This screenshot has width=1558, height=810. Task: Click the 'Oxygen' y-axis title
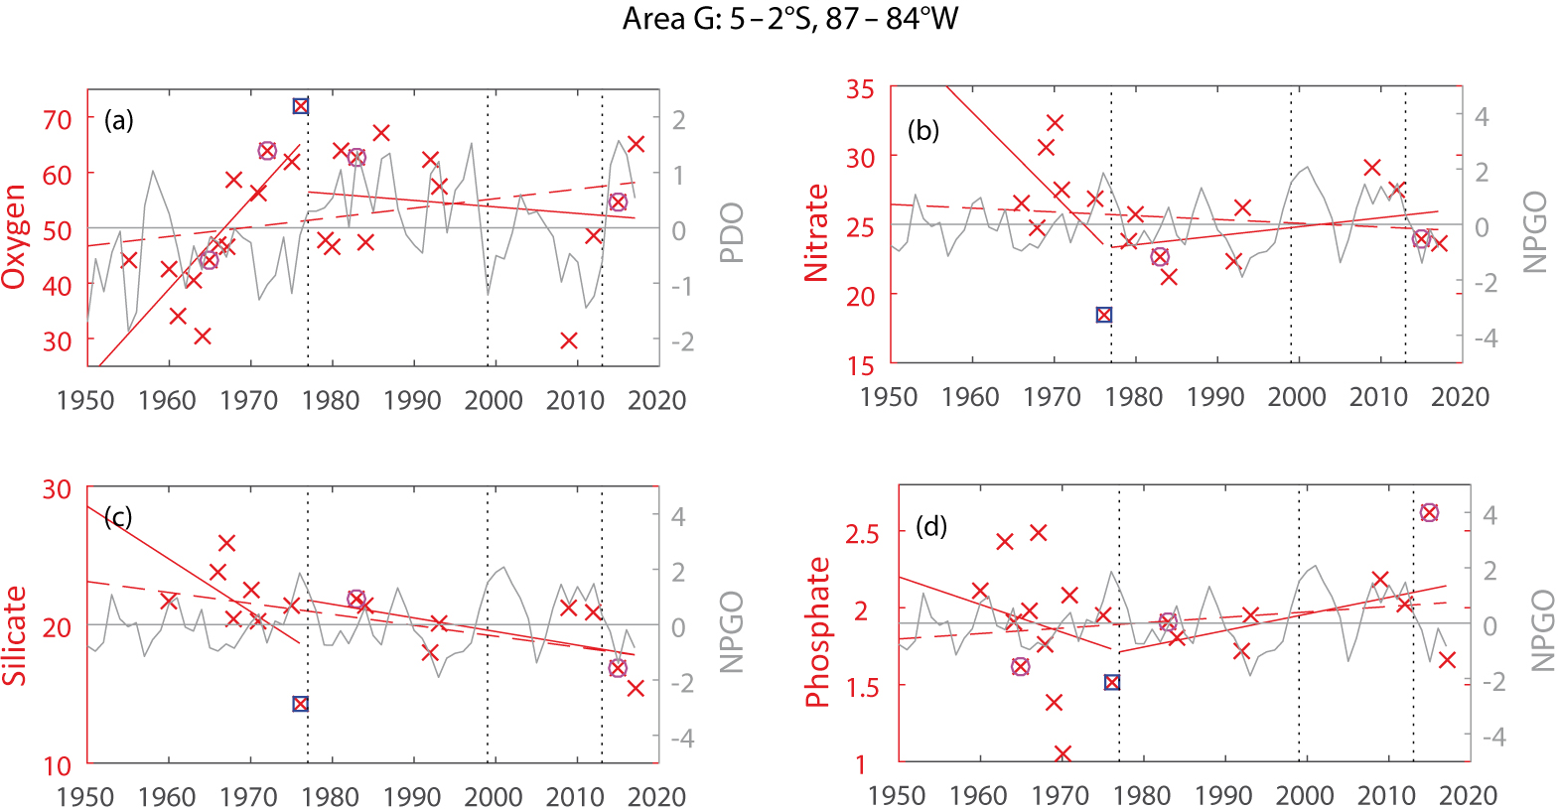click(14, 236)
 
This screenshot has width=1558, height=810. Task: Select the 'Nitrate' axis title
click(816, 233)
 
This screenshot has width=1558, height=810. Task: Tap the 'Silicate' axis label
click(14, 635)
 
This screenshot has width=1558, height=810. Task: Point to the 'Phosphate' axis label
click(816, 632)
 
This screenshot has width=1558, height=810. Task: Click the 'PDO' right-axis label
click(732, 232)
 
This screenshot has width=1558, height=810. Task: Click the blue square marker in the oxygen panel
click(301, 106)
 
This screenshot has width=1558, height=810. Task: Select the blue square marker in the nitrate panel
click(1103, 315)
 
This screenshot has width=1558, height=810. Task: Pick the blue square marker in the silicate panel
click(301, 704)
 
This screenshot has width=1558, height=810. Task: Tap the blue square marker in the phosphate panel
click(1112, 682)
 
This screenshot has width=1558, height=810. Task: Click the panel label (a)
click(119, 121)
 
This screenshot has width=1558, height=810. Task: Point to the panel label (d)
click(931, 526)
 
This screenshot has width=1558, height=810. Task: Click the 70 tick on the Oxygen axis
click(58, 119)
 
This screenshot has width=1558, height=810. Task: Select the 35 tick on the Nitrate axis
click(860, 89)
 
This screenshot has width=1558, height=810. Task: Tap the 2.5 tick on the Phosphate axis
click(861, 533)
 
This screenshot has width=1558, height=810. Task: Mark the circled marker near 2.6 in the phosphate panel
click(1429, 512)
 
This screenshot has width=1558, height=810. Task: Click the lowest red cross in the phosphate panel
click(1062, 754)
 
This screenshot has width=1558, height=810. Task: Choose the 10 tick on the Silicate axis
click(58, 765)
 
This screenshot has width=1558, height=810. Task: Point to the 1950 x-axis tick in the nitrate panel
click(889, 398)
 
